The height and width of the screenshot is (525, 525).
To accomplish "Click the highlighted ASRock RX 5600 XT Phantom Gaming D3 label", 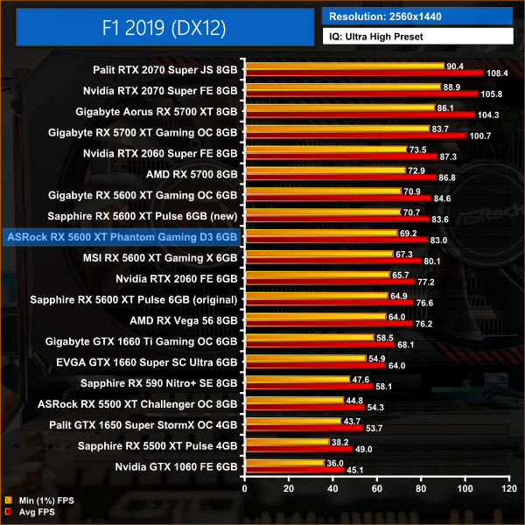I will (x=122, y=236).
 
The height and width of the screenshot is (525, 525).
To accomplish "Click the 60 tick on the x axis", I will (x=377, y=487).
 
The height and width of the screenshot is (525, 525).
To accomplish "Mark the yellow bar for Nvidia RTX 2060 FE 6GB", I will (x=318, y=274).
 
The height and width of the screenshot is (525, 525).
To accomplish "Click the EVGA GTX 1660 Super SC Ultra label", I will (x=159, y=362).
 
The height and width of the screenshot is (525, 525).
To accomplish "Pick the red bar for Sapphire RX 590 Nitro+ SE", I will (x=310, y=387).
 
